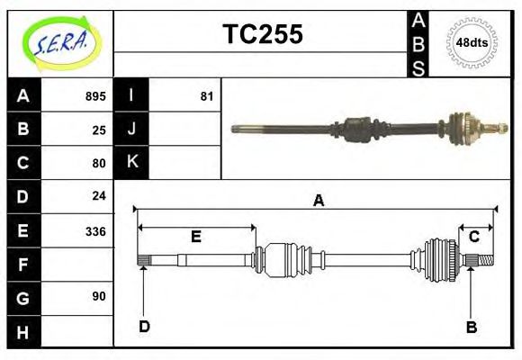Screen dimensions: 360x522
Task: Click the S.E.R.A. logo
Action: (60, 42)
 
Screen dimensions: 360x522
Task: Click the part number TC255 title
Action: (262, 34)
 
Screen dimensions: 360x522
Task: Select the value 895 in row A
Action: (95, 96)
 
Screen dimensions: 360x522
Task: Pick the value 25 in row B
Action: (99, 130)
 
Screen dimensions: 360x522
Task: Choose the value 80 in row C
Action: (99, 163)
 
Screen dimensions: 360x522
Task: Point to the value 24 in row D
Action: (99, 195)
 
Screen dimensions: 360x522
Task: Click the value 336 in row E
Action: (95, 230)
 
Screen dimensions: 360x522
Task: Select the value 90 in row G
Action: (99, 296)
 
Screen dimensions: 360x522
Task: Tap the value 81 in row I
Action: (206, 96)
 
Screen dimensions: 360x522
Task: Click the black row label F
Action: (23, 265)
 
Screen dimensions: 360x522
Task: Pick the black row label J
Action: (131, 129)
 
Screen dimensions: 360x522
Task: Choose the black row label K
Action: (131, 162)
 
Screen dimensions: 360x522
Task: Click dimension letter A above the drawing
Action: (318, 202)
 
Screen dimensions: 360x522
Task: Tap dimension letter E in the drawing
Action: (195, 237)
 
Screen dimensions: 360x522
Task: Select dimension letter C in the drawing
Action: (473, 237)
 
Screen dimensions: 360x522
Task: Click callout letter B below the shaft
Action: (471, 327)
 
